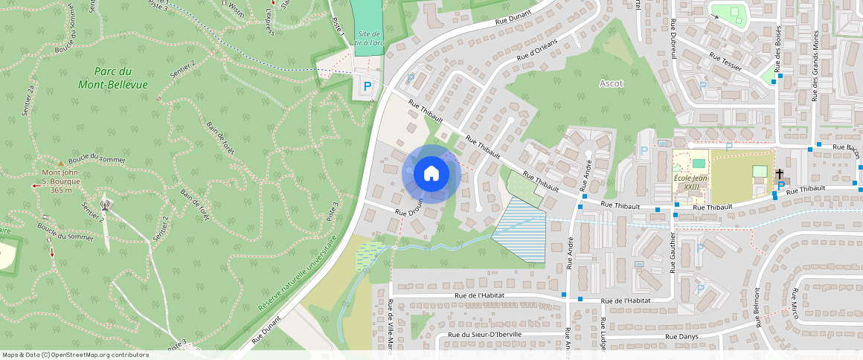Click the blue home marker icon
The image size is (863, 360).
[431, 174]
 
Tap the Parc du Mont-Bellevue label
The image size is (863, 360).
[113, 78]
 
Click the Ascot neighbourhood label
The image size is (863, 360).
[611, 83]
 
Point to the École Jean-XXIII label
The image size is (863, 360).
[690, 182]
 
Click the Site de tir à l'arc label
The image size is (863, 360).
[368, 39]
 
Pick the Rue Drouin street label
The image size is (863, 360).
[409, 208]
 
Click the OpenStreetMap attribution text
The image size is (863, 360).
[75, 355]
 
